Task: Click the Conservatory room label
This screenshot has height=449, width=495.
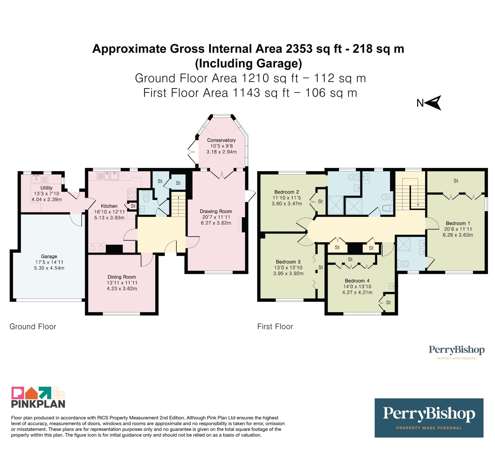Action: (221, 140)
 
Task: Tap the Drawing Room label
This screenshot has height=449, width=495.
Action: (216, 211)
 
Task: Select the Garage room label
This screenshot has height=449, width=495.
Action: (49, 257)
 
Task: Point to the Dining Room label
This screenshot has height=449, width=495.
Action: (122, 277)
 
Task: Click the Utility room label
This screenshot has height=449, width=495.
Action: (46, 188)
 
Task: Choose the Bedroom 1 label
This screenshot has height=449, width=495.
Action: (458, 223)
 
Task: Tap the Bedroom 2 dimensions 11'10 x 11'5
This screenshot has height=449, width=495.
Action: (287, 198)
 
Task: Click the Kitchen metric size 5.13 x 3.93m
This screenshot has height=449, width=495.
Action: (109, 218)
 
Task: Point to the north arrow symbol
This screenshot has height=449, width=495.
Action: (433, 103)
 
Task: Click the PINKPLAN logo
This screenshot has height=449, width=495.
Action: (38, 397)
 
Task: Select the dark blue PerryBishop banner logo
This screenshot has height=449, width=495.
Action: (429, 418)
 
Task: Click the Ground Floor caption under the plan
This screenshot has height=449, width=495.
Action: (33, 326)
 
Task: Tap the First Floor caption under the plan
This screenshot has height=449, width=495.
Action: (275, 326)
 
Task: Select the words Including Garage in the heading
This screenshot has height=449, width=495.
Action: (248, 63)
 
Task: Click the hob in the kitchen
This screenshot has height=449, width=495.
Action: (132, 195)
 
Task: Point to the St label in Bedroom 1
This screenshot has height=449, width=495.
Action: (456, 181)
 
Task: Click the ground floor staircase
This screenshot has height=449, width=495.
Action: (179, 205)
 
